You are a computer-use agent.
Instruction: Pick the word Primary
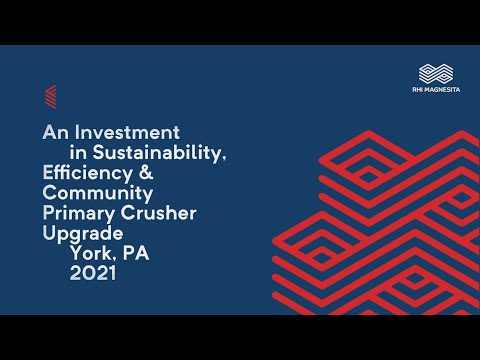point(79,211)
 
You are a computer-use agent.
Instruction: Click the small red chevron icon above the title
point(51,96)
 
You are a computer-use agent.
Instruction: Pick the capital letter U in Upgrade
point(50,231)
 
